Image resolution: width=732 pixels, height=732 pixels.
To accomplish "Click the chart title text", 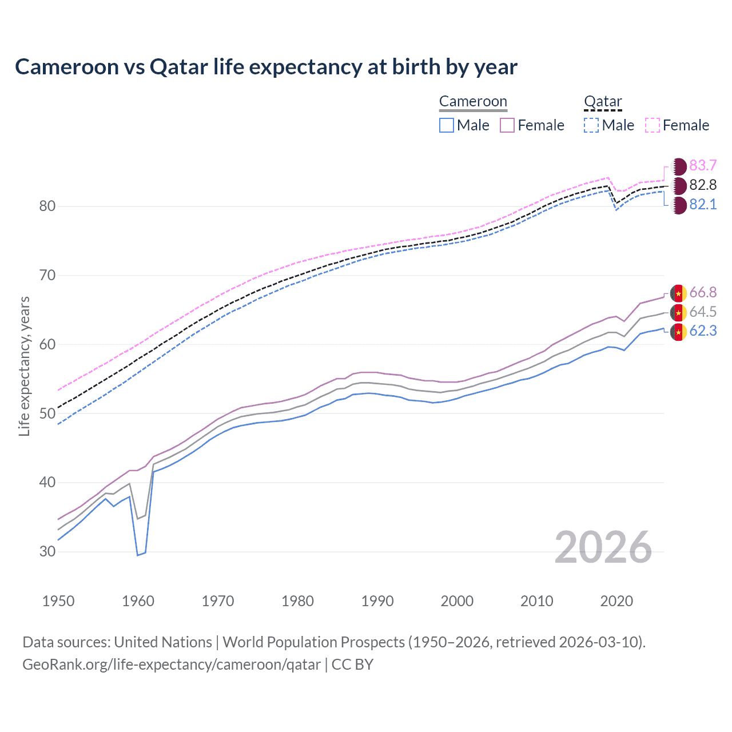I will [x=266, y=67].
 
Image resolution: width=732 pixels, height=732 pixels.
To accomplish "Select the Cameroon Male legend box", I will [x=447, y=125].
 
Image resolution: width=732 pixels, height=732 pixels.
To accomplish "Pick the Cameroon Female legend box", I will [x=507, y=125].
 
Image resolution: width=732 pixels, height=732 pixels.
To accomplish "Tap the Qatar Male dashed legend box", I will [x=591, y=125].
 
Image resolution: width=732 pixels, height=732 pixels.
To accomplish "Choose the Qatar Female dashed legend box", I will [x=653, y=125].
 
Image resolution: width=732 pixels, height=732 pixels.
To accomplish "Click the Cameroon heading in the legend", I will [x=473, y=102].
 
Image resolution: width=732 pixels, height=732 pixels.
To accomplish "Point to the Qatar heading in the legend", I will [x=603, y=102].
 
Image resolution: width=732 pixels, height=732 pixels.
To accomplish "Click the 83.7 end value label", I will [x=703, y=166].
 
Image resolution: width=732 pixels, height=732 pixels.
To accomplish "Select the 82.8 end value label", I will [x=703, y=185].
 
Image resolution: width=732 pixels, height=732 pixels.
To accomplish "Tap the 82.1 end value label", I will [x=703, y=205].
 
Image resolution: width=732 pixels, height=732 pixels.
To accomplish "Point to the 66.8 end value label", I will [x=703, y=293].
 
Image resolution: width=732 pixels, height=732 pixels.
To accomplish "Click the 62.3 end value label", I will [x=703, y=332].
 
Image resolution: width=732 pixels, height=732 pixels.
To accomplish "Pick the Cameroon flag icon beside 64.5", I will [x=678, y=312].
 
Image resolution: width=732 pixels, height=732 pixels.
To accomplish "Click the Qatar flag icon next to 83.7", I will [x=678, y=166].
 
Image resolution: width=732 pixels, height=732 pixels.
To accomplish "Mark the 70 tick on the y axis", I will [x=47, y=276].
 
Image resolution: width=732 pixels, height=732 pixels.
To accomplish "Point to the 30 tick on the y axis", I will [x=47, y=552].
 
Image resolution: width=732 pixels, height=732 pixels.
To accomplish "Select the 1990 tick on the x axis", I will [x=377, y=601].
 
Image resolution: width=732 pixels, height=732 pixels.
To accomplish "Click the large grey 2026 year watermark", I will [x=603, y=548].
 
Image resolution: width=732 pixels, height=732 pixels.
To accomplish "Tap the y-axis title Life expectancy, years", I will [x=25, y=366].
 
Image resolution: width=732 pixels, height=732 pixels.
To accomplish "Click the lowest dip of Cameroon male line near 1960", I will [x=138, y=555].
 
